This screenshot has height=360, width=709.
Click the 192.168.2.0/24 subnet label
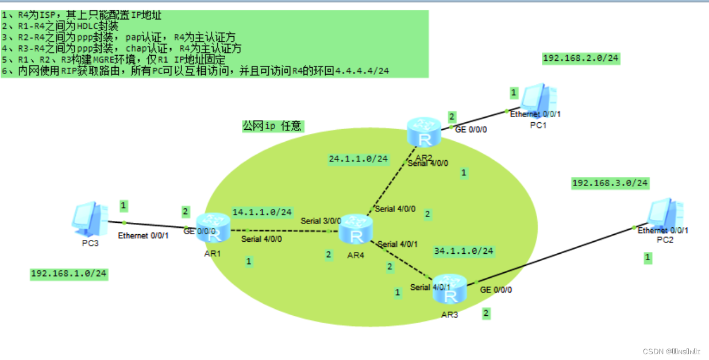coord(581,58)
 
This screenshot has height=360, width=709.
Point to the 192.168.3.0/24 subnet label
coord(610,183)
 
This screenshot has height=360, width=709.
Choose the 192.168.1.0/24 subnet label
coord(69,274)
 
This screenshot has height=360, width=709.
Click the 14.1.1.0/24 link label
coord(262,212)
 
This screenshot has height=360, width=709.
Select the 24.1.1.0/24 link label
coord(359,158)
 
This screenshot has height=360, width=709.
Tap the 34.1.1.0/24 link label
coord(464,251)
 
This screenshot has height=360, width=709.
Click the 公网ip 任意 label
coord(272,126)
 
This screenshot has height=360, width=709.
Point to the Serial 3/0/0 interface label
coord(321,220)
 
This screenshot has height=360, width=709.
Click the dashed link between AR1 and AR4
coord(282,231)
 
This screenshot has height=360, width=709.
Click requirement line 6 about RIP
coord(195,71)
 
